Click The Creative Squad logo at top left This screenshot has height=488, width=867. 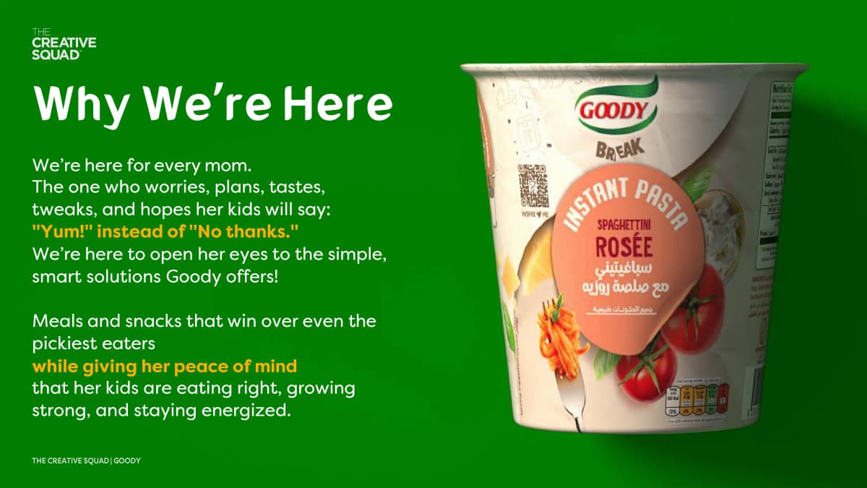point(64,45)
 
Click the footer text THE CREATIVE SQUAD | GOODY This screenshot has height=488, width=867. point(86,461)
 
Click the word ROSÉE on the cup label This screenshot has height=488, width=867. point(624,247)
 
